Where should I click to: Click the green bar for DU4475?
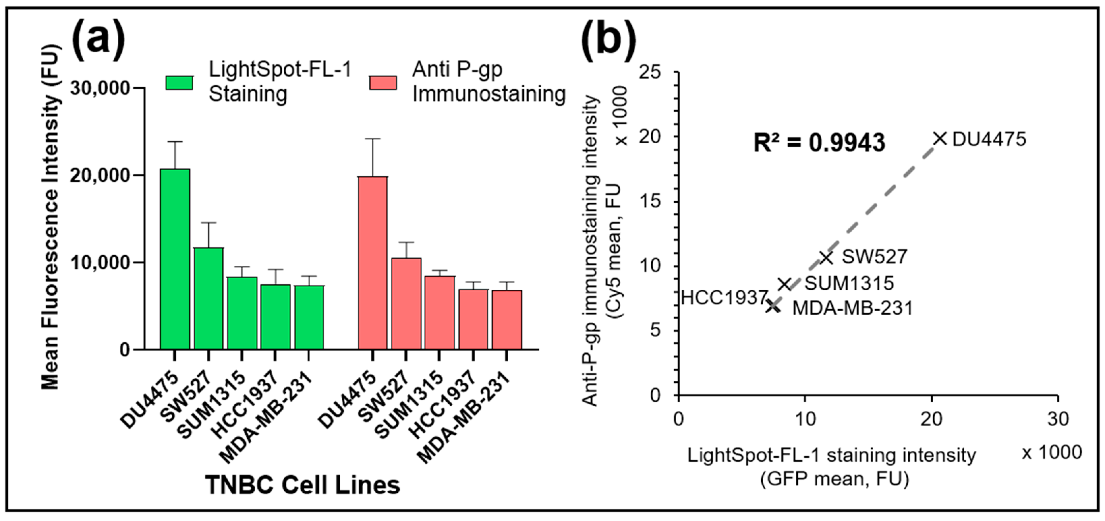pyautogui.click(x=175, y=259)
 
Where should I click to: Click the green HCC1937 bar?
pyautogui.click(x=275, y=317)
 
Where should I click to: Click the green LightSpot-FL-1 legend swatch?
pyautogui.click(x=179, y=83)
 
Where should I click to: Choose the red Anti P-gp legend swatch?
pyautogui.click(x=382, y=83)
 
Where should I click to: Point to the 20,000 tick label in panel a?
pyautogui.click(x=100, y=175)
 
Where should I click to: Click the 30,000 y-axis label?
pyautogui.click(x=100, y=88)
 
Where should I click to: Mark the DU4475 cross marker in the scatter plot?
pyautogui.click(x=939, y=139)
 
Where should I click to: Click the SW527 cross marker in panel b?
pyautogui.click(x=826, y=257)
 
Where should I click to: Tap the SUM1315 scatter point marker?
pyautogui.click(x=785, y=284)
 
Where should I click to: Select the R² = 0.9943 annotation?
pyautogui.click(x=819, y=142)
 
